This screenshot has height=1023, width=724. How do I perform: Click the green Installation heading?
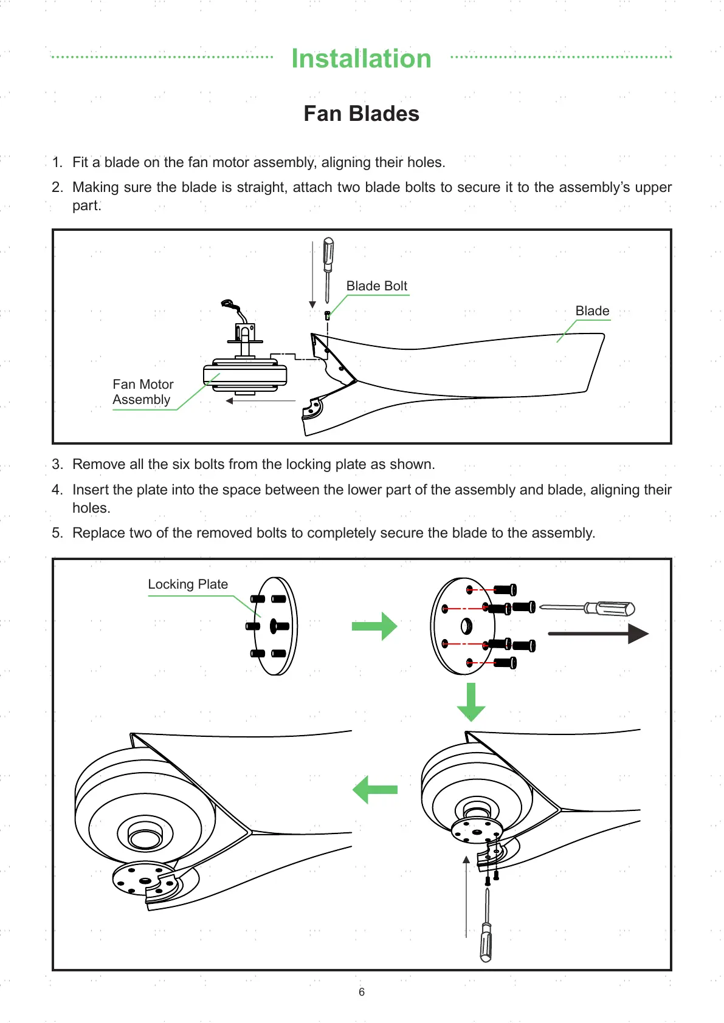[x=361, y=59]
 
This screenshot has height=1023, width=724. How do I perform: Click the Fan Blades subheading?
[x=361, y=114]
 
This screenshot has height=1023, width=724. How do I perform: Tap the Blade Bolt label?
[x=376, y=286]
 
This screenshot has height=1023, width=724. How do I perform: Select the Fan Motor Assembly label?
[x=143, y=392]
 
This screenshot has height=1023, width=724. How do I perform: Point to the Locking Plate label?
[x=188, y=584]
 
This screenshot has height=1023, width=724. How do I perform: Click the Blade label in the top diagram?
[x=592, y=311]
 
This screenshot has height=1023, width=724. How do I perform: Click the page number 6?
[x=362, y=992]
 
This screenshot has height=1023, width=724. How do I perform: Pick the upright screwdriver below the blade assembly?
[x=486, y=929]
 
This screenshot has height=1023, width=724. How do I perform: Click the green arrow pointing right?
[x=374, y=626]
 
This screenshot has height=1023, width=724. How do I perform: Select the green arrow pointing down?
[x=471, y=702]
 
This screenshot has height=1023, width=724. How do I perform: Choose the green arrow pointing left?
[x=374, y=790]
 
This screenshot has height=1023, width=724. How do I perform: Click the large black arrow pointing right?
[x=598, y=634]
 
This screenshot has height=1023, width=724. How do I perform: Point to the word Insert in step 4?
[x=90, y=490]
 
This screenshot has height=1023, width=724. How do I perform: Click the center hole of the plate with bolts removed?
[x=467, y=625]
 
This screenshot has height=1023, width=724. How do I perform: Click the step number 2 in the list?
[x=57, y=188]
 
